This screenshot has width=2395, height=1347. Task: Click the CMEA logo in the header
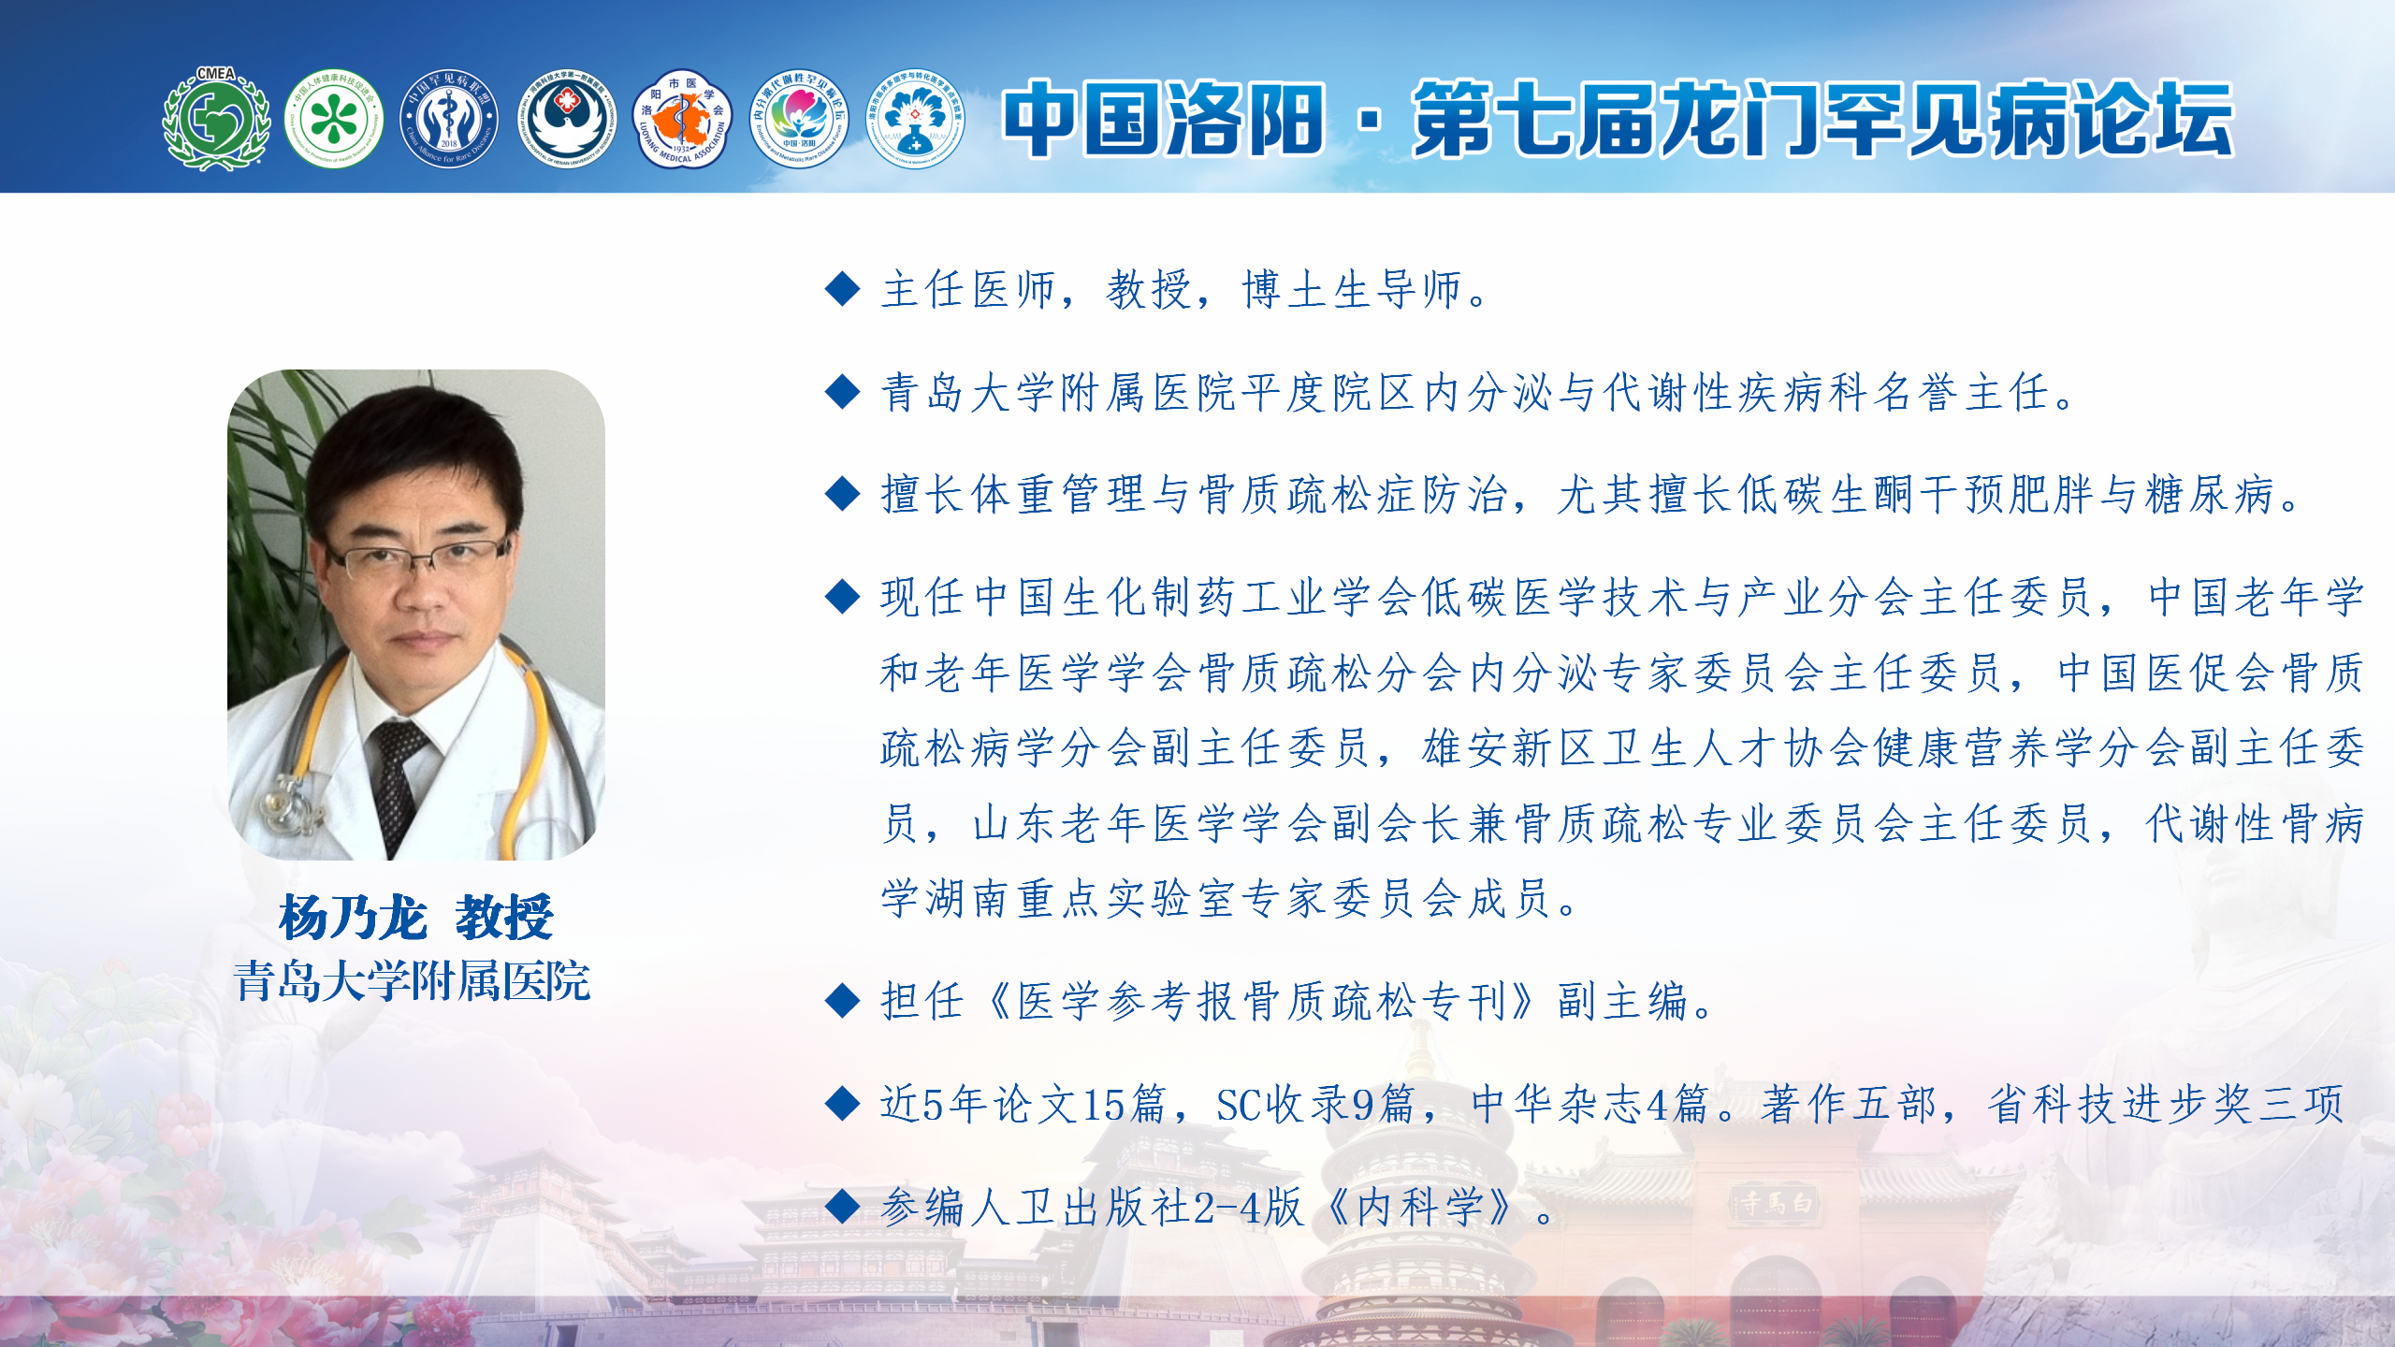tap(216, 118)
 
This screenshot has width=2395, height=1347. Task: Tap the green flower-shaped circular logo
tap(334, 119)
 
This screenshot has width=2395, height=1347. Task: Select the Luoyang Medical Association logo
tap(683, 119)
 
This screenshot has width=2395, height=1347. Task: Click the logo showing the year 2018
tap(449, 119)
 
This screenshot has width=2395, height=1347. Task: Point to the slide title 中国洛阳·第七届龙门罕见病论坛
tap(1618, 119)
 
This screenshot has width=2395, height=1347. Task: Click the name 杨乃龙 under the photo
tap(353, 917)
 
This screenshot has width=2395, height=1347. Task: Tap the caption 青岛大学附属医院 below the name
tap(412, 981)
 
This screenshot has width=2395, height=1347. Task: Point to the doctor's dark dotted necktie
tap(399, 786)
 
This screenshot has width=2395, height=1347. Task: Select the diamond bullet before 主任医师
tap(843, 289)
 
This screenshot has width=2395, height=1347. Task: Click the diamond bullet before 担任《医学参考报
tap(843, 1001)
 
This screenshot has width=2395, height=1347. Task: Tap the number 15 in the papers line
tap(1103, 1105)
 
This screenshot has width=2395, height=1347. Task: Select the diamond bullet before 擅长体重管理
tap(843, 494)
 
